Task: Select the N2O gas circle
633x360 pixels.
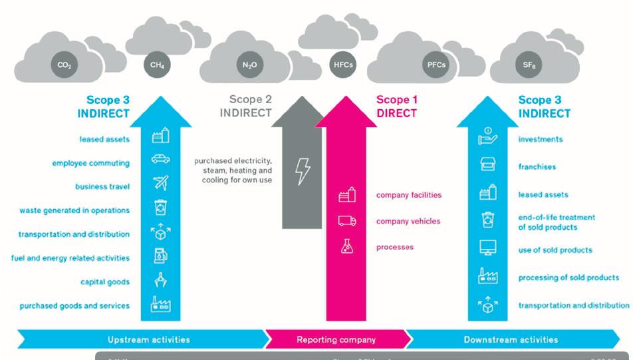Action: (x=245, y=65)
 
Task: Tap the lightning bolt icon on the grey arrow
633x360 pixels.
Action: (x=303, y=171)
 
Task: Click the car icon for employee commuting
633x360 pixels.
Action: (x=160, y=159)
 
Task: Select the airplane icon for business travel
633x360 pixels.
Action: (x=160, y=184)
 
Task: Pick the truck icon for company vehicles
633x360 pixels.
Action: (x=347, y=221)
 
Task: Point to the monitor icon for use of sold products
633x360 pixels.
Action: (x=488, y=248)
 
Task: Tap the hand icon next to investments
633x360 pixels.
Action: (x=488, y=138)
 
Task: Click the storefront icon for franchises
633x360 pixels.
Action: (x=488, y=166)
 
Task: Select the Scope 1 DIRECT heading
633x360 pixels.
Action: (x=397, y=106)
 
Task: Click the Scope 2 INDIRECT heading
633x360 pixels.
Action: (x=246, y=106)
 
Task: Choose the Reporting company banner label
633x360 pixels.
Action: (x=336, y=339)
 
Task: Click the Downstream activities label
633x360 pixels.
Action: (x=511, y=339)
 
